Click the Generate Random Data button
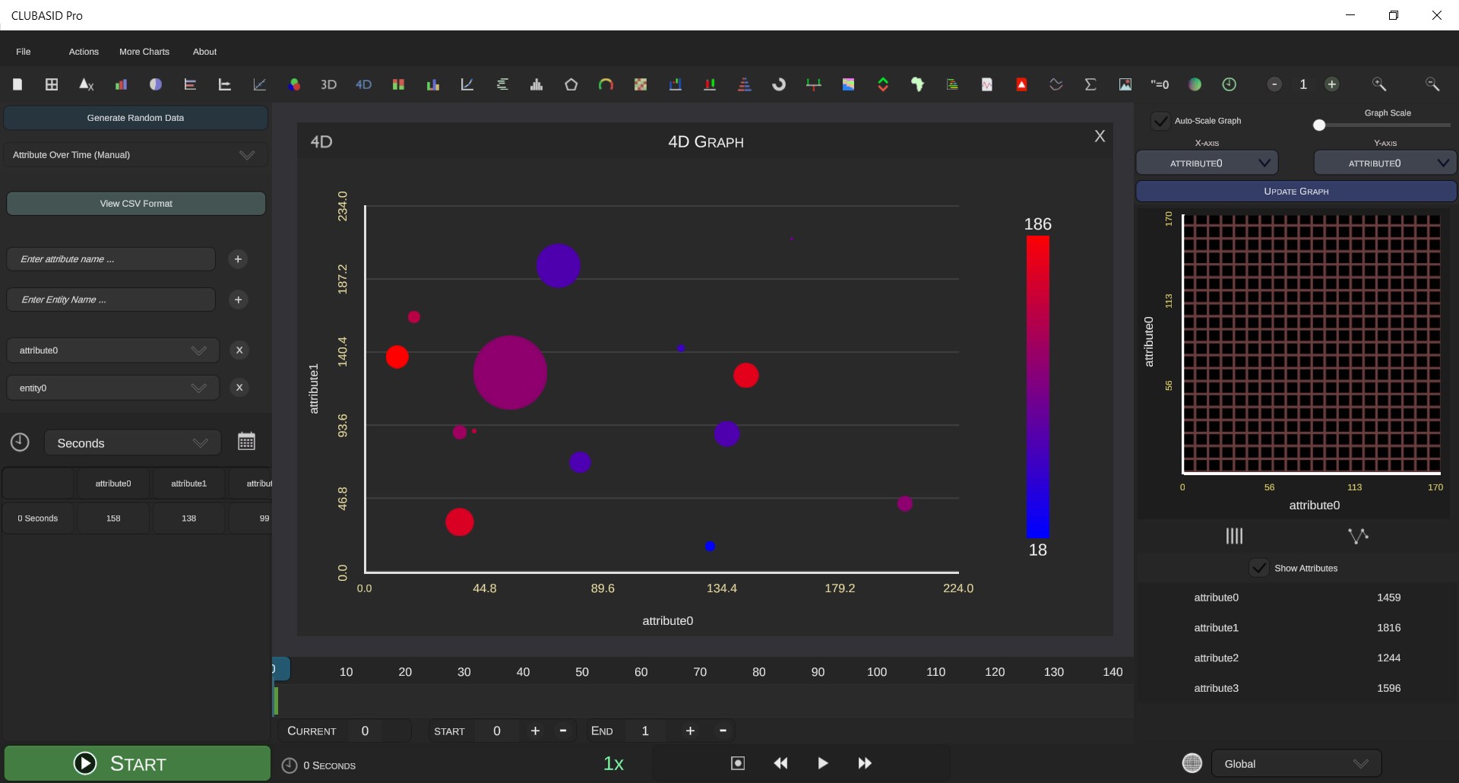(x=135, y=118)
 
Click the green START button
(x=137, y=763)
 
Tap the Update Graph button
(x=1296, y=192)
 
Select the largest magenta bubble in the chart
(x=510, y=372)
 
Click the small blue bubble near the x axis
(x=710, y=546)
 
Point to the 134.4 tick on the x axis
(x=721, y=588)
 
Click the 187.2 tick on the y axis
(x=342, y=279)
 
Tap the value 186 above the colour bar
(x=1037, y=224)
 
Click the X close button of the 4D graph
(x=1099, y=136)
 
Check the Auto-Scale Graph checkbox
(x=1160, y=121)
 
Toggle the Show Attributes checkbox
(x=1259, y=568)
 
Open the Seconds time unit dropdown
(x=133, y=443)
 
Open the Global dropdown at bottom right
(x=1296, y=764)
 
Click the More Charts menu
(x=144, y=52)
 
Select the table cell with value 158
(x=113, y=518)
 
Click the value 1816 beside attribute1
(x=1388, y=628)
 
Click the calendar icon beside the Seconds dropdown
(x=246, y=442)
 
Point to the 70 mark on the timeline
(x=700, y=672)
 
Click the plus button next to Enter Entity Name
(x=238, y=300)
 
